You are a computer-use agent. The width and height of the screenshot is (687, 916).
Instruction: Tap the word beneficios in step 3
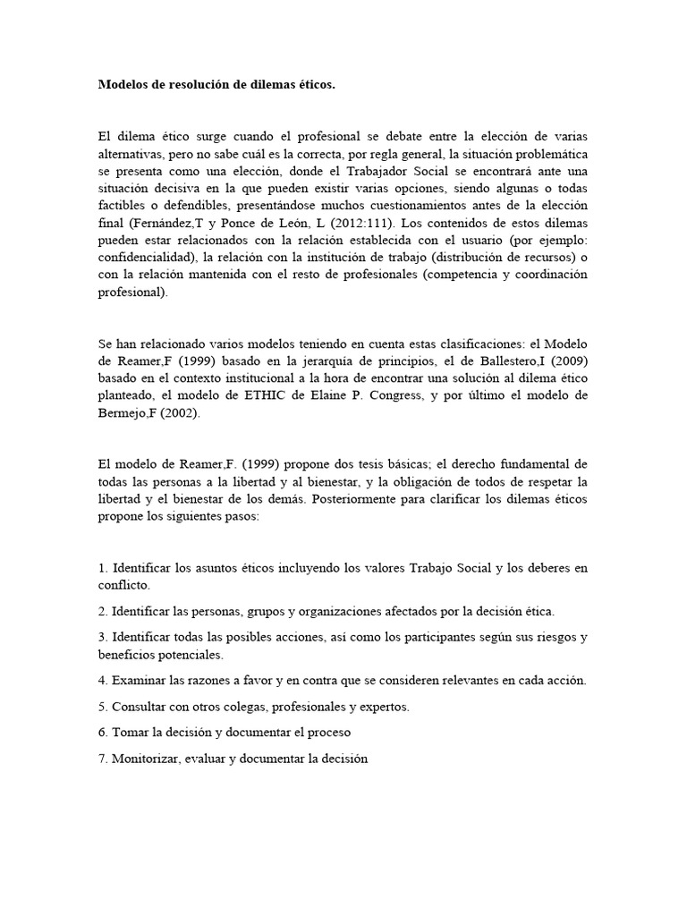point(126,654)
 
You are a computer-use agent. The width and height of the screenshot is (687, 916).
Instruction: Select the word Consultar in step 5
point(140,706)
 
